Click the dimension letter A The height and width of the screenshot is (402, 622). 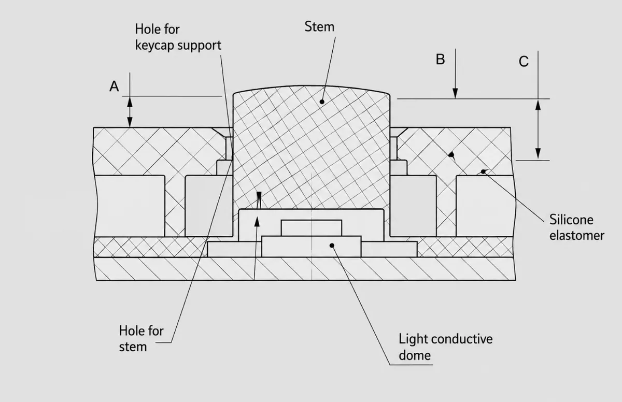click(x=114, y=87)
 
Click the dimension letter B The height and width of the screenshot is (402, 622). click(x=441, y=60)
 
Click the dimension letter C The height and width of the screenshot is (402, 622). click(x=524, y=62)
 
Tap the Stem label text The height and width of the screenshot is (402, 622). click(x=319, y=26)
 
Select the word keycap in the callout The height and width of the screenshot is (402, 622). click(x=154, y=46)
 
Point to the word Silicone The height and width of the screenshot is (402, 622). click(x=571, y=220)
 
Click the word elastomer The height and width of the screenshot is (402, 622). click(x=577, y=236)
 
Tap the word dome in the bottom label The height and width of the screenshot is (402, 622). click(x=415, y=355)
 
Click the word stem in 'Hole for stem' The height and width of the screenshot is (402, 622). click(x=133, y=347)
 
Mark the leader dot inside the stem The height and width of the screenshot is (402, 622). click(x=322, y=102)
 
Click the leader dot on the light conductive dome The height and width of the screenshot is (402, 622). click(x=332, y=246)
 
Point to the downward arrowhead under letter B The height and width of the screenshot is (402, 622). click(x=455, y=93)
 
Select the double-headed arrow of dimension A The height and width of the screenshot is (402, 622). click(x=130, y=112)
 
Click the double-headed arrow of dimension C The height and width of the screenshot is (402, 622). click(x=538, y=130)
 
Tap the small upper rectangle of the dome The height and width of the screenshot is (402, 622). click(x=312, y=228)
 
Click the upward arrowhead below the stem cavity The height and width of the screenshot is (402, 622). click(x=257, y=222)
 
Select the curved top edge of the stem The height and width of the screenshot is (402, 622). click(x=312, y=88)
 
